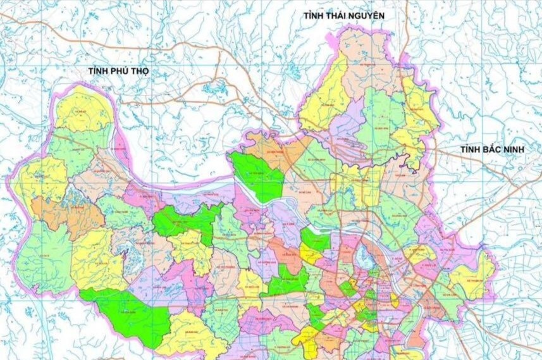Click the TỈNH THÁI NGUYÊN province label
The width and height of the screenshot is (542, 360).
(x=344, y=15)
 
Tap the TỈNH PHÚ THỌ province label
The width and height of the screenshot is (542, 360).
(x=118, y=71)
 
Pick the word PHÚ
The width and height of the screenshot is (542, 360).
(x=120, y=71)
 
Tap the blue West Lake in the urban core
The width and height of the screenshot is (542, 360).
(x=363, y=257)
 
